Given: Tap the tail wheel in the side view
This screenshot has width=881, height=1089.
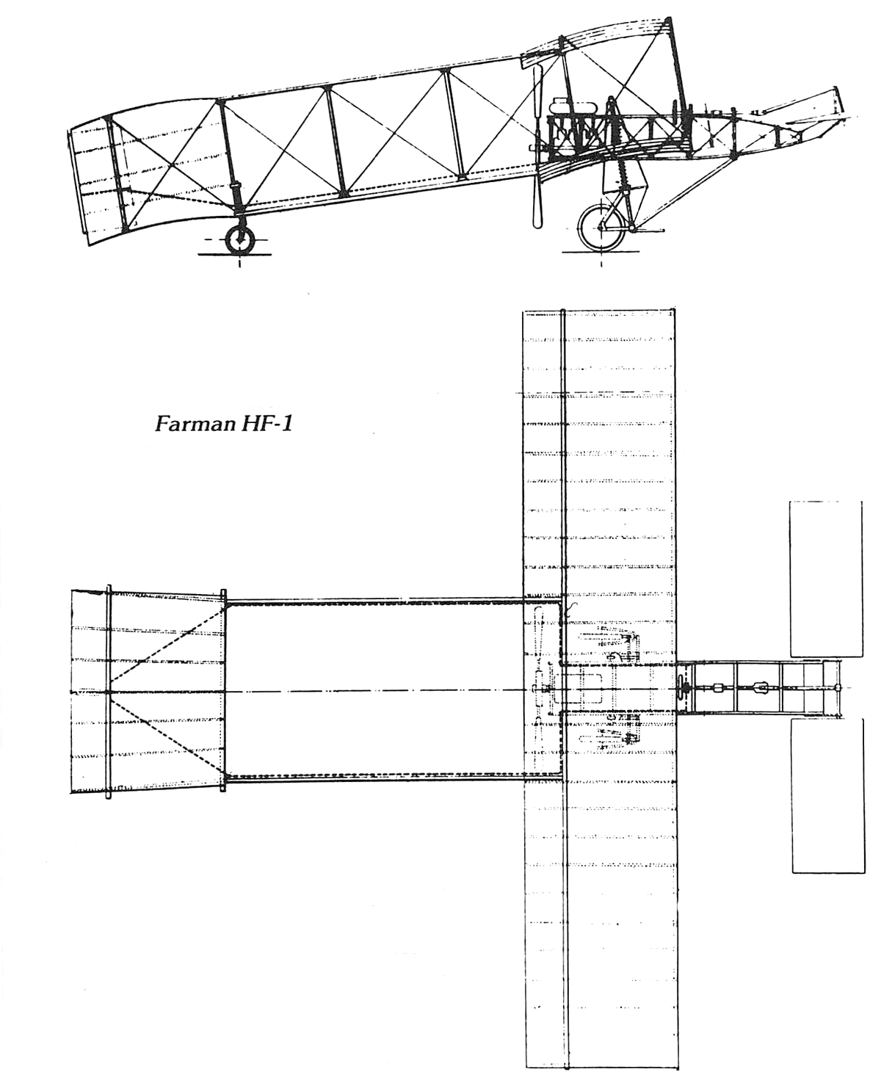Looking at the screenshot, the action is pyautogui.click(x=239, y=240).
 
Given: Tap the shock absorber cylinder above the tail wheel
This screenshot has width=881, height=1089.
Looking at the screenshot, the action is pyautogui.click(x=236, y=194).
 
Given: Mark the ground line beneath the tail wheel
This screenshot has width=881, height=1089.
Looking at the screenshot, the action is pyautogui.click(x=234, y=254).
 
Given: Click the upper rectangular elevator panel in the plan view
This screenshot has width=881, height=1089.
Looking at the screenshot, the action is pyautogui.click(x=826, y=579).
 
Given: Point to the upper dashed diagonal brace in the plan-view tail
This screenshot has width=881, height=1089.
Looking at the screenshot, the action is pyautogui.click(x=167, y=649).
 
